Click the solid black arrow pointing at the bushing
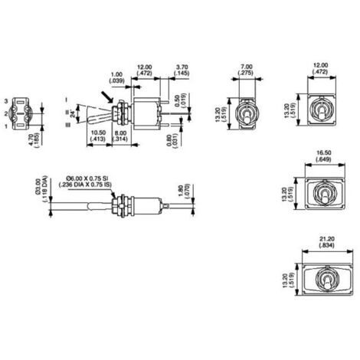108,95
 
